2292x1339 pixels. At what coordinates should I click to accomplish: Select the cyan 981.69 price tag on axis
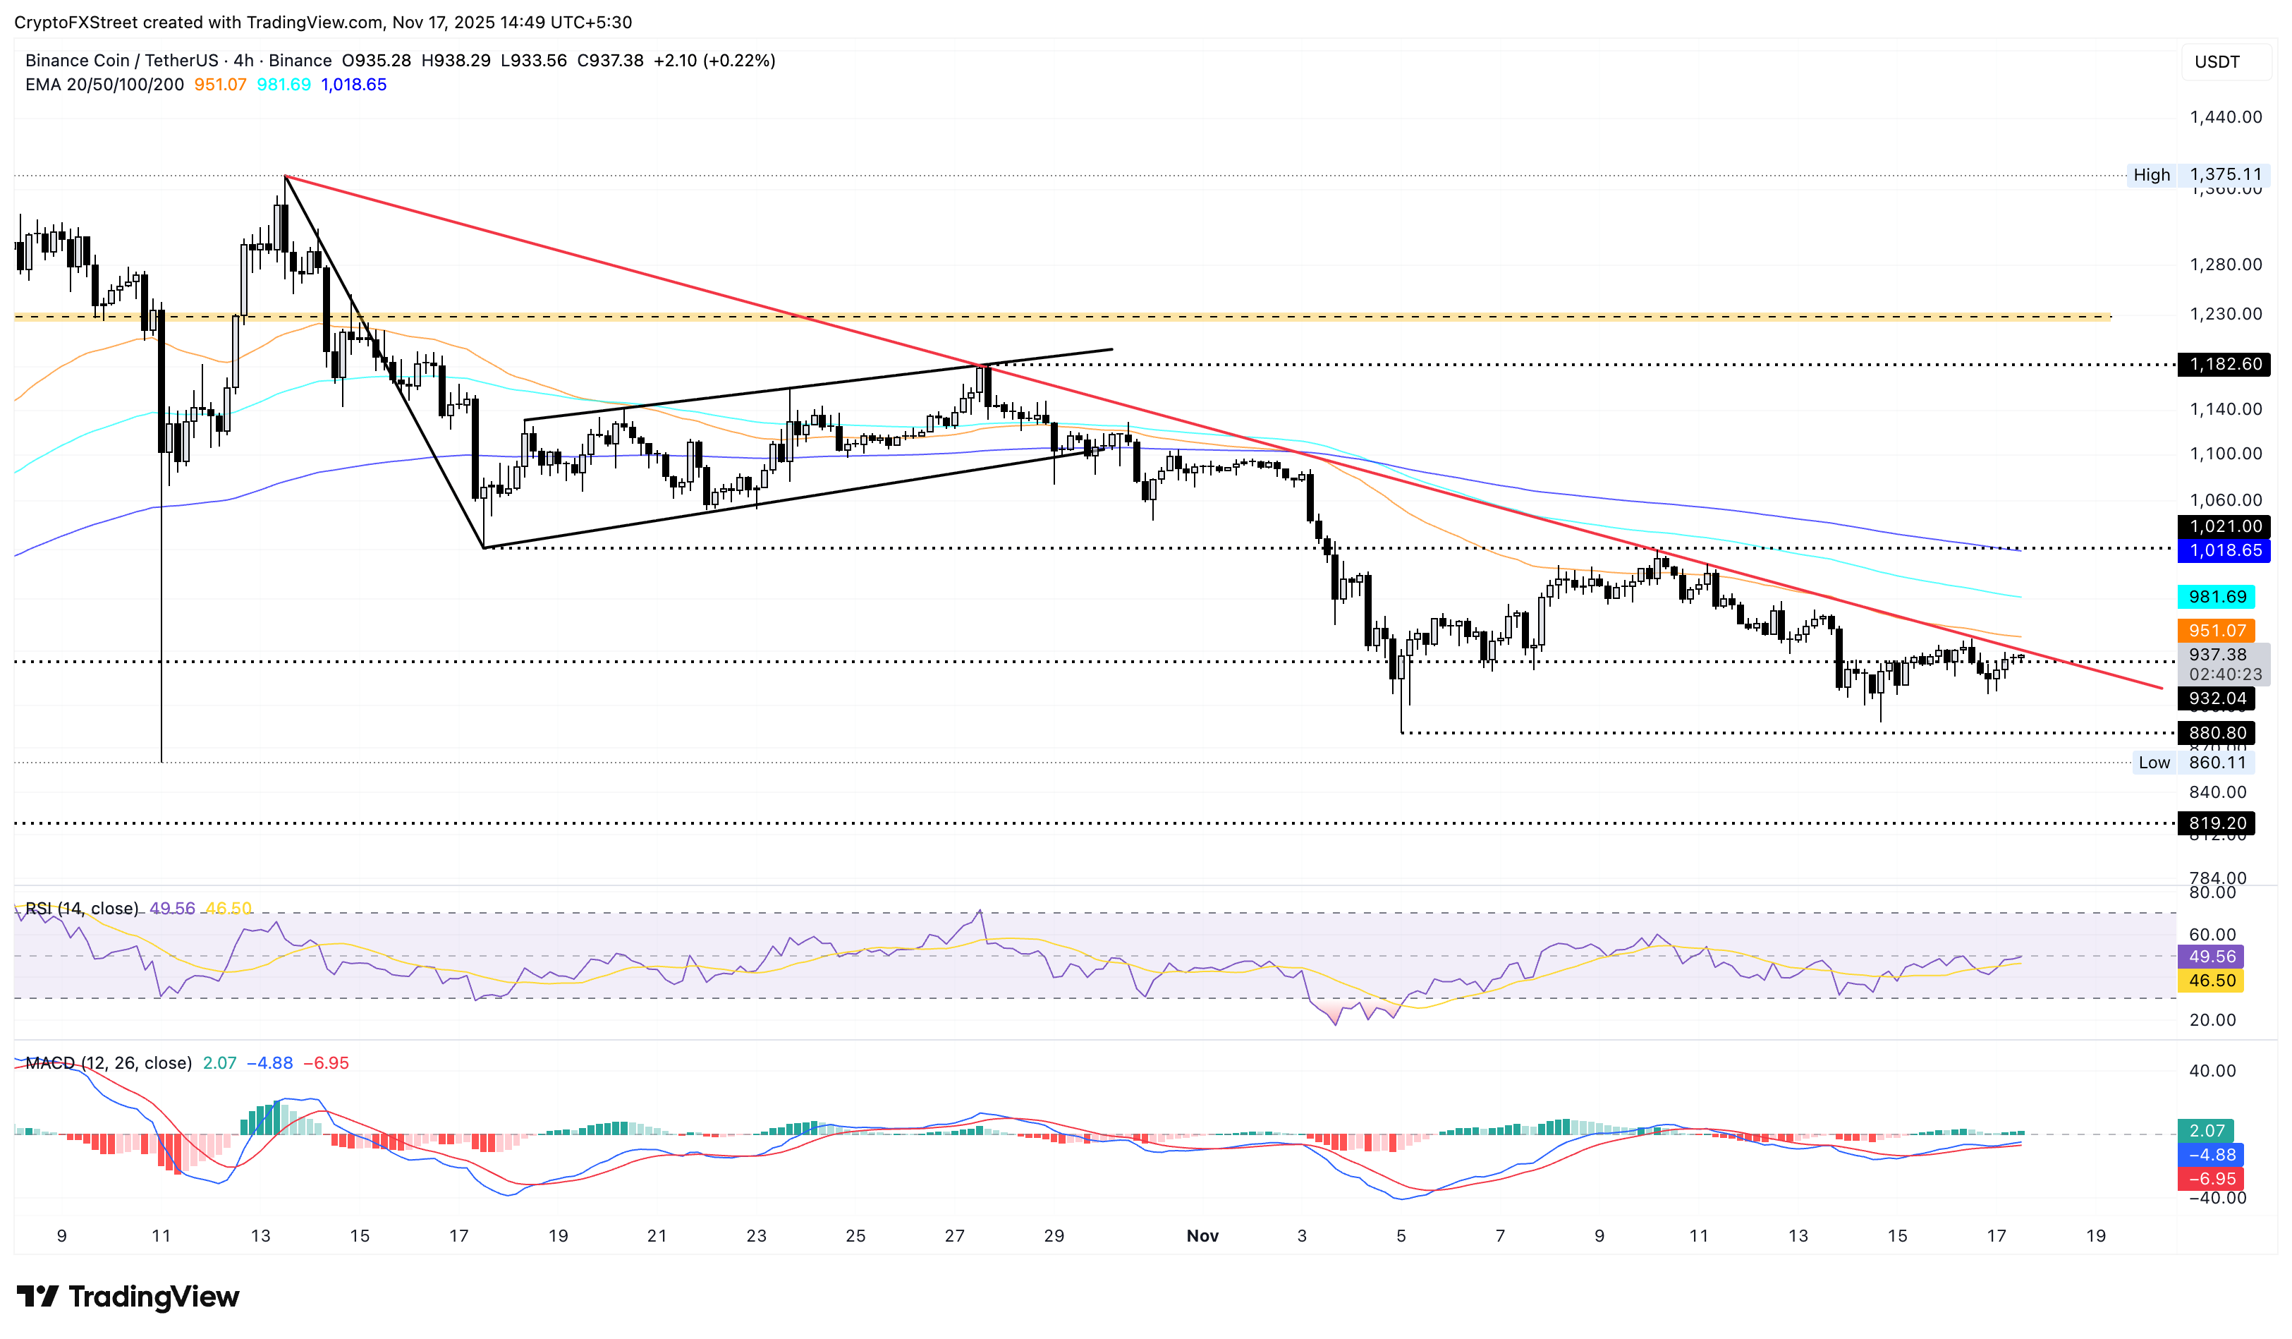(2217, 597)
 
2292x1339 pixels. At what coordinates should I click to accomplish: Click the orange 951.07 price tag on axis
(2217, 631)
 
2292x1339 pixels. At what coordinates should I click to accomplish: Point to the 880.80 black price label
(2217, 733)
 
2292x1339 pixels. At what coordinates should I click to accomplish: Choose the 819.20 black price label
(2217, 823)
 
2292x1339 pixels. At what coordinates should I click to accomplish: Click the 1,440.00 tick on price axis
(2225, 117)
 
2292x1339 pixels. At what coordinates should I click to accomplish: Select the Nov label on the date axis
(1202, 1235)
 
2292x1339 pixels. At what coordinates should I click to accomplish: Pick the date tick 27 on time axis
(954, 1235)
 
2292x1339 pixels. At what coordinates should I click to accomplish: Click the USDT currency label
(2217, 62)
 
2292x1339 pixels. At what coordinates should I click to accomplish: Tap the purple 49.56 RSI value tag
(2211, 957)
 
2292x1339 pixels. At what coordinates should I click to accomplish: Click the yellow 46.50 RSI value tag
(2211, 981)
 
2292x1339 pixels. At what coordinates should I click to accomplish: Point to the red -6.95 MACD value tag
(2211, 1179)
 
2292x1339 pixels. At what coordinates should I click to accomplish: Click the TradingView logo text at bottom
(128, 1296)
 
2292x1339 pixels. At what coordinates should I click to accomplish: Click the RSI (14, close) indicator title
(82, 909)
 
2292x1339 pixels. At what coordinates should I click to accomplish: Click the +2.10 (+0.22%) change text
(714, 61)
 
